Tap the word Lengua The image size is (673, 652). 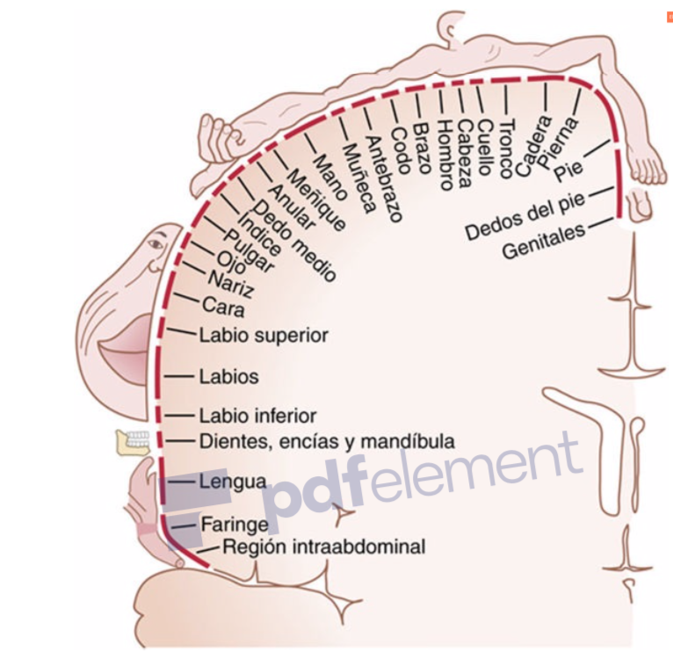pyautogui.click(x=233, y=482)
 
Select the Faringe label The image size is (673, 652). pyautogui.click(x=234, y=525)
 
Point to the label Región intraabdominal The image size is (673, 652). pyautogui.click(x=323, y=547)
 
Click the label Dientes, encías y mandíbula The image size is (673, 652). pyautogui.click(x=327, y=440)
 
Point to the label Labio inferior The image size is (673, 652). pyautogui.click(x=257, y=416)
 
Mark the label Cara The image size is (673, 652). pyautogui.click(x=222, y=307)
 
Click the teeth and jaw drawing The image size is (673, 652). pyautogui.click(x=134, y=441)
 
